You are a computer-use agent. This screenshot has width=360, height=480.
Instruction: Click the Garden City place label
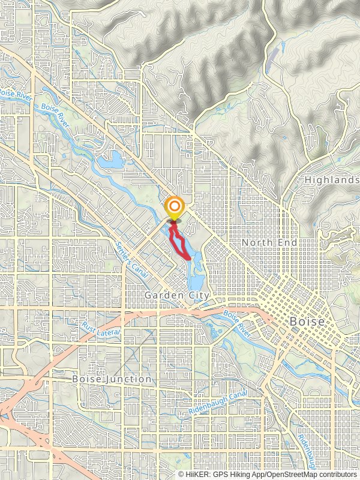coord(177,296)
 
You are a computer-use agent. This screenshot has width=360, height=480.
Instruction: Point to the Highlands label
coord(331,180)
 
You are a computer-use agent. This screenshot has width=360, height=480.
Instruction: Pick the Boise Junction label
coord(112,379)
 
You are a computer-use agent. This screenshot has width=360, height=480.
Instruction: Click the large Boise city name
coord(307,322)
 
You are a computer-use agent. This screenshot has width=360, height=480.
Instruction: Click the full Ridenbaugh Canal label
coord(217,403)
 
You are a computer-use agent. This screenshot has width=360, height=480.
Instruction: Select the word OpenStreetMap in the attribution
coord(289,474)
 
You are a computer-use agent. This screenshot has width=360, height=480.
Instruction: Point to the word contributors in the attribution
coord(337,474)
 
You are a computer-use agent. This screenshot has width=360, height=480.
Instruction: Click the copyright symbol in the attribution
coord(182,474)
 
